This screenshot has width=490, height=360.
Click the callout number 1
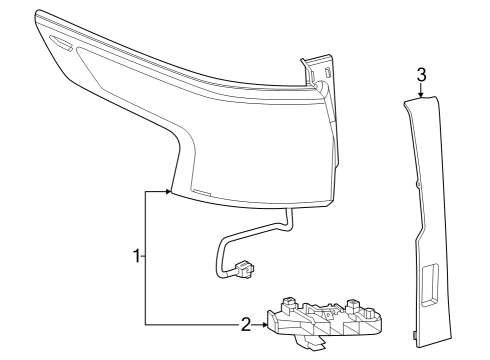tap(138, 257)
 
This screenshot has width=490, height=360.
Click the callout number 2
tap(245, 324)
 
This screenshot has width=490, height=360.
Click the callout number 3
tap(421, 74)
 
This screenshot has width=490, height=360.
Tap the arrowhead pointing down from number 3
tap(421, 95)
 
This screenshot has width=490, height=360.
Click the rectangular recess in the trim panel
tap(435, 285)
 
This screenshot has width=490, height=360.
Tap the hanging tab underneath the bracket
tap(313, 345)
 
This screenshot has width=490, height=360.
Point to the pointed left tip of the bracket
tap(267, 323)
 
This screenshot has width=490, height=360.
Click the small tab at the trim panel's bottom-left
tap(415, 334)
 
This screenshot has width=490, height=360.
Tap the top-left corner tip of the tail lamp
tap(38, 13)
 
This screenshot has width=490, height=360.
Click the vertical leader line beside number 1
tap(146, 257)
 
